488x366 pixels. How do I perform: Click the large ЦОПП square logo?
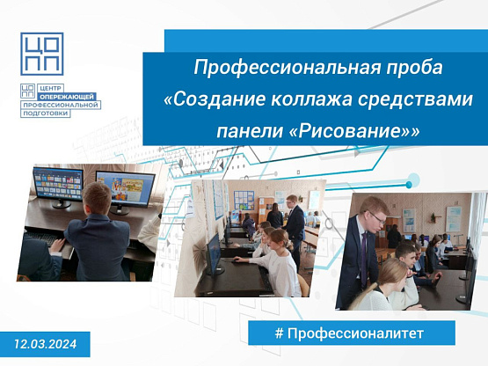(42, 54)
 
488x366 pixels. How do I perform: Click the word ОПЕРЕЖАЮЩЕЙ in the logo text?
(67, 97)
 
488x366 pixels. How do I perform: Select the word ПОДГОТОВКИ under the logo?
(46, 113)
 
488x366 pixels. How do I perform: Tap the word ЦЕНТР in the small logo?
(50, 89)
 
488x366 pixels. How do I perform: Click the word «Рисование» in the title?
(354, 131)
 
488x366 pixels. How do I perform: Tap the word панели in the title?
(250, 132)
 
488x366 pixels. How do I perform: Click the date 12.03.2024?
(46, 344)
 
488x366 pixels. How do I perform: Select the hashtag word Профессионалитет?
(355, 333)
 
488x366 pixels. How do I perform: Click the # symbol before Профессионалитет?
(279, 333)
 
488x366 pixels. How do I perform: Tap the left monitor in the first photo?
(58, 184)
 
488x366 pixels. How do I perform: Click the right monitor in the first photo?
(125, 190)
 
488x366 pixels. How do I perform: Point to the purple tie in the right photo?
(364, 259)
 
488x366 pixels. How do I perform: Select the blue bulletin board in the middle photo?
(244, 201)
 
